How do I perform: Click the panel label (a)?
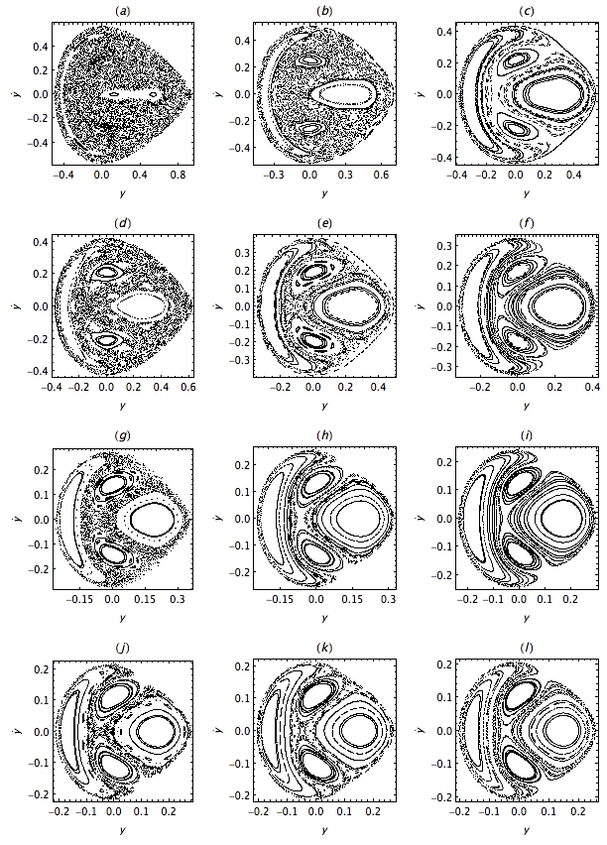pos(123,11)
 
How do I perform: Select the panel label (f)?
pos(526,223)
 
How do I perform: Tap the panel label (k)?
pos(324,647)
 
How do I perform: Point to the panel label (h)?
pos(324,434)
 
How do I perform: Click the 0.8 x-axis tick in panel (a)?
pos(178,175)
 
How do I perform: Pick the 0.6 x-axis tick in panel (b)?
pos(381,175)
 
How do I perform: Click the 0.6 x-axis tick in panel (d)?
pos(188,387)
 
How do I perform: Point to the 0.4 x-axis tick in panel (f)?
pos(592,387)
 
